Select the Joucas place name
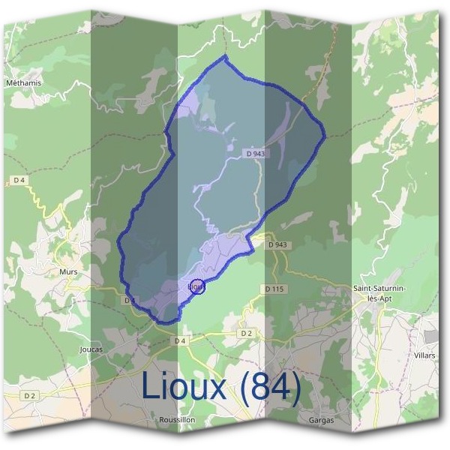pyautogui.click(x=90, y=349)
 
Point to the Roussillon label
pyautogui.click(x=177, y=420)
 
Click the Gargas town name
pyautogui.click(x=321, y=420)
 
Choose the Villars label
pyautogui.click(x=424, y=355)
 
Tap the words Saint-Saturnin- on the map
pyautogui.click(x=383, y=288)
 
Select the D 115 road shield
pyautogui.click(x=275, y=289)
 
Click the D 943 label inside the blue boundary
pyautogui.click(x=256, y=154)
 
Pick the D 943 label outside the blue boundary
pyautogui.click(x=277, y=245)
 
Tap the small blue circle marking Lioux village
pyautogui.click(x=198, y=286)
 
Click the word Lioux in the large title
pyautogui.click(x=183, y=387)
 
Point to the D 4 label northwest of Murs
pyautogui.click(x=19, y=180)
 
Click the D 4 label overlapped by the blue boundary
pyautogui.click(x=130, y=300)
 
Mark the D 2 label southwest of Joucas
pyautogui.click(x=29, y=395)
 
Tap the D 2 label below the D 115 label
pyautogui.click(x=246, y=332)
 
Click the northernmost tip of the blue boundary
pyautogui.click(x=225, y=56)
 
